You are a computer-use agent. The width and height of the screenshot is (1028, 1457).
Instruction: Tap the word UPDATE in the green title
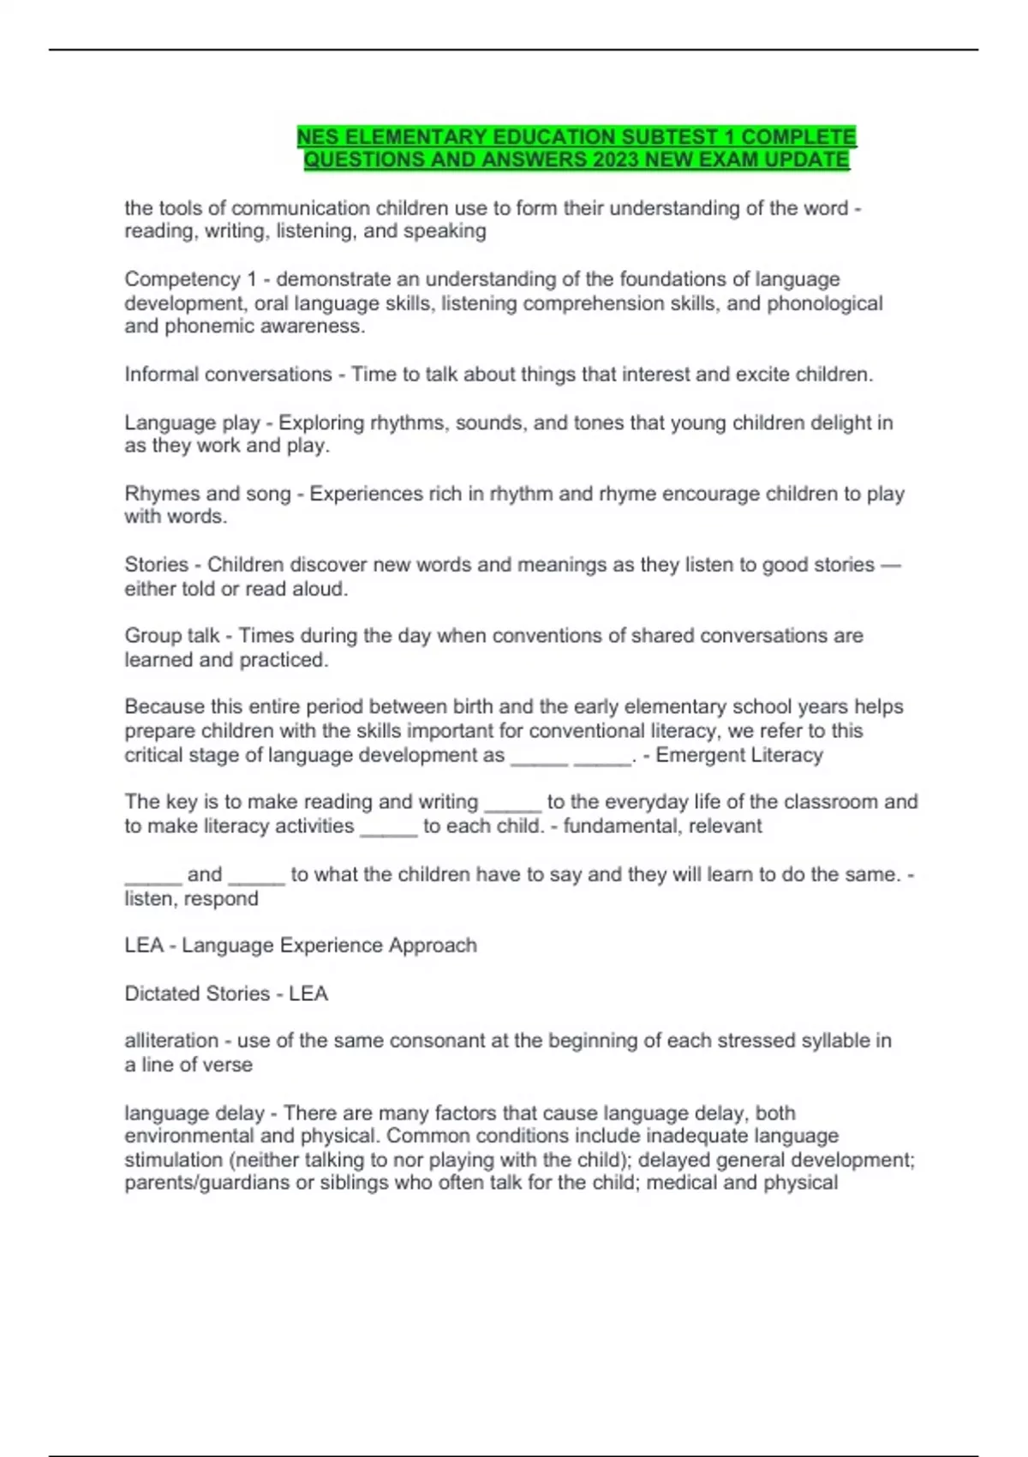pyautogui.click(x=806, y=160)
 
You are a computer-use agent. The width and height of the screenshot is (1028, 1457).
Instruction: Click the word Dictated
pyautogui.click(x=161, y=993)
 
